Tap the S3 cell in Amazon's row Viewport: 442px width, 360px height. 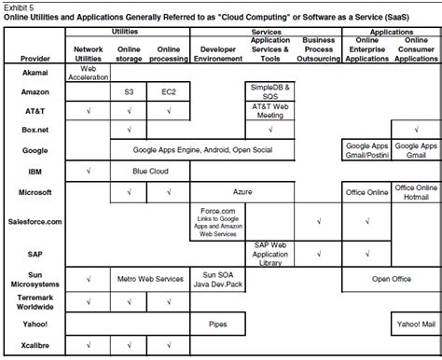[129, 93]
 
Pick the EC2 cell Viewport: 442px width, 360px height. [169, 93]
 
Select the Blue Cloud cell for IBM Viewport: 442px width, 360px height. [149, 172]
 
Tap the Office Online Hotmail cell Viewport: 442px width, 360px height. [415, 191]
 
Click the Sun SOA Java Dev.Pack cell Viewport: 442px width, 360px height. [216, 278]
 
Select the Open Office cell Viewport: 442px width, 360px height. [391, 278]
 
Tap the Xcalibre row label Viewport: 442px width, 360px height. [35, 344]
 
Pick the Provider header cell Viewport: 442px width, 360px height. [35, 58]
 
